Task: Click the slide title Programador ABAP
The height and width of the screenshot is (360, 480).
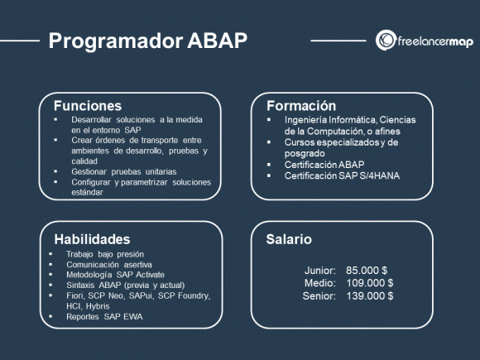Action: point(147,41)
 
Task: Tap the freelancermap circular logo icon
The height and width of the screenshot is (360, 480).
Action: point(385,40)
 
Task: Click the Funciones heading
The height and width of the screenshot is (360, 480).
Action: point(87,106)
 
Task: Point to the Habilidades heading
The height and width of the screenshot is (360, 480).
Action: point(92,238)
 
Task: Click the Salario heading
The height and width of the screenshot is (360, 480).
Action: point(289,239)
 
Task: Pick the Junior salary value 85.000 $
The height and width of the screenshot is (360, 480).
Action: point(367,271)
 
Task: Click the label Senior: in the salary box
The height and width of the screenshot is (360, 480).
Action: point(319,295)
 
